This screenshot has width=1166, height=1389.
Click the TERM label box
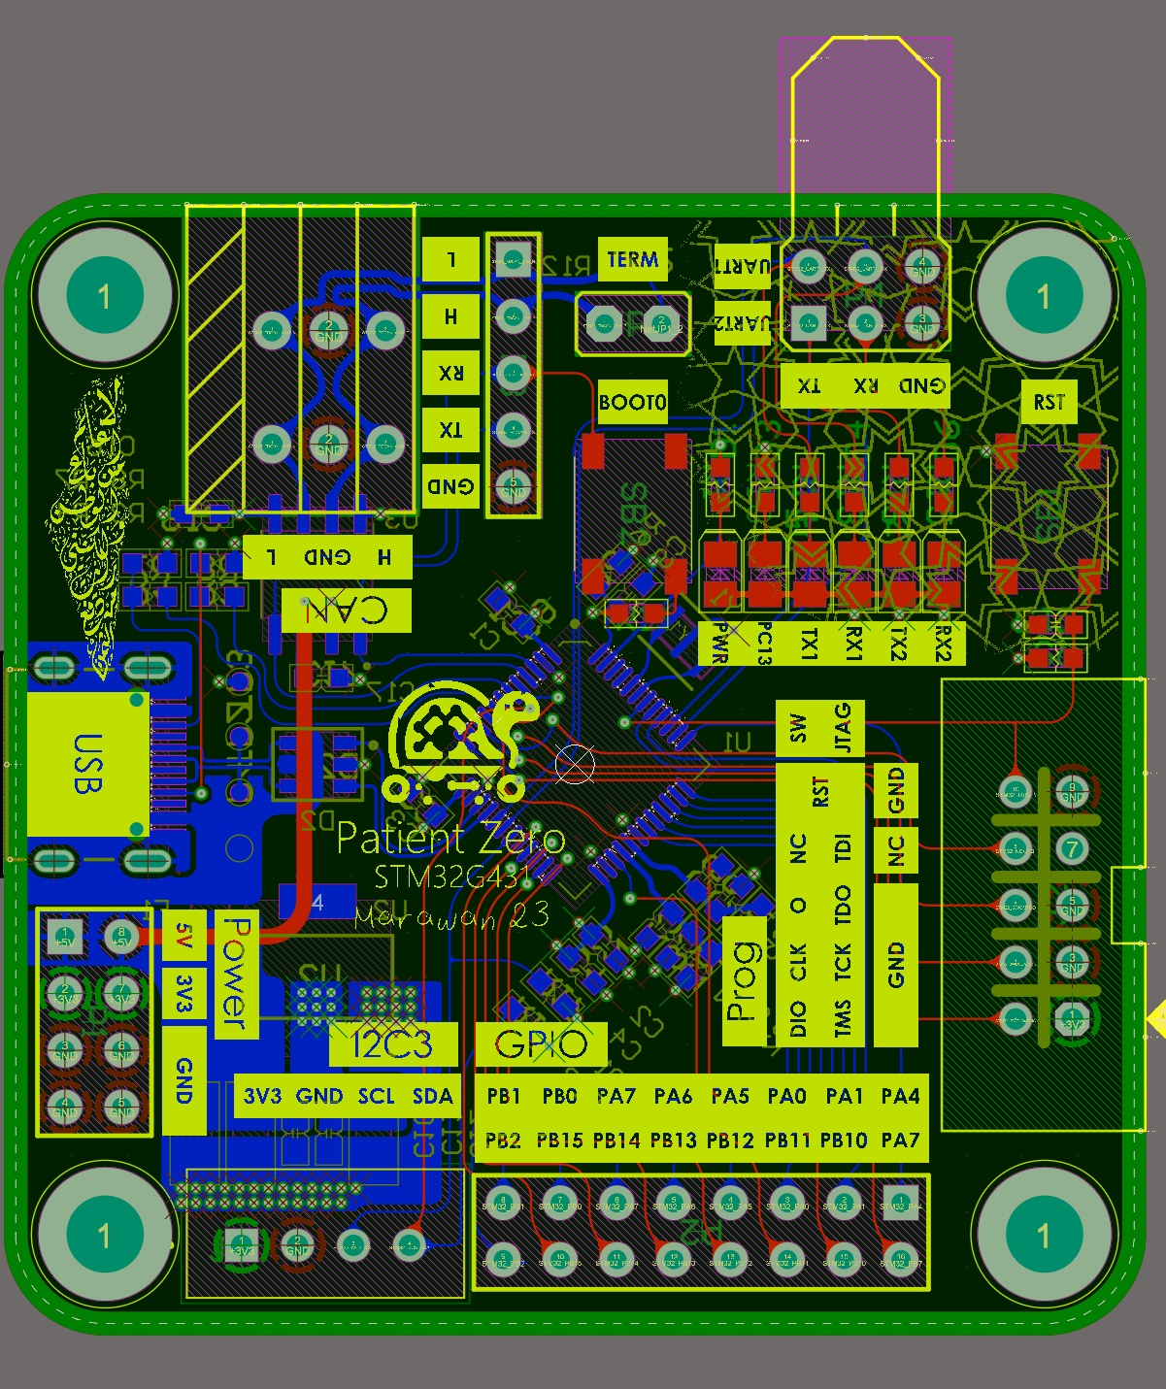tap(632, 259)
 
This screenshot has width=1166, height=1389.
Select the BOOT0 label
tap(632, 402)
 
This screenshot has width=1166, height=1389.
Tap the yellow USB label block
tap(87, 764)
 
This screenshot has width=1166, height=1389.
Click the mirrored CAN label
tap(347, 611)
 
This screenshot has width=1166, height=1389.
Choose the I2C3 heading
tap(392, 1044)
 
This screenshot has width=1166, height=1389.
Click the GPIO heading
tap(541, 1044)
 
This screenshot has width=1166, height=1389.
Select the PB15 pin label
tap(560, 1141)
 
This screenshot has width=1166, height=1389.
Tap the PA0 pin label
tap(786, 1097)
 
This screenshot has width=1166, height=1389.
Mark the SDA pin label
tap(433, 1097)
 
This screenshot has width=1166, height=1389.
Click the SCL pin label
tap(377, 1097)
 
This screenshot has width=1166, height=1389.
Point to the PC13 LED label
tap(764, 643)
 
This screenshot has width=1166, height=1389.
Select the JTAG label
tap(843, 728)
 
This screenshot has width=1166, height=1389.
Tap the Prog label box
tap(744, 980)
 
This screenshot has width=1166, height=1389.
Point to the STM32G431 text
tap(452, 877)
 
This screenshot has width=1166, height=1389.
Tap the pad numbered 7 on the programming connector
tap(1072, 849)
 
